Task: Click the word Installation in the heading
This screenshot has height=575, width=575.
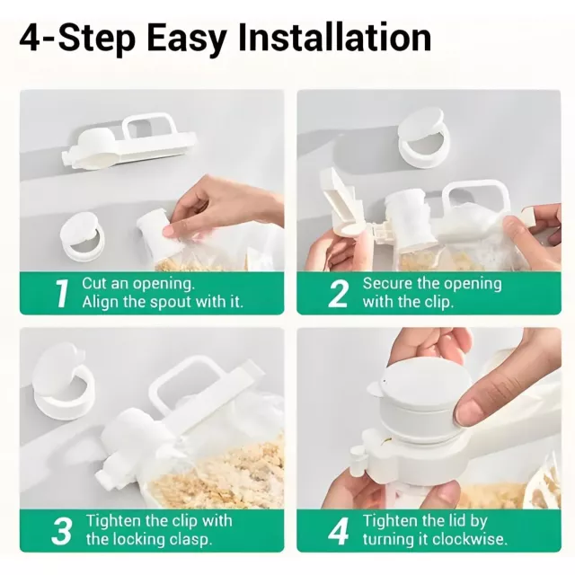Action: (334, 38)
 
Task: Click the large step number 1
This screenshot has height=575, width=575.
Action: (62, 294)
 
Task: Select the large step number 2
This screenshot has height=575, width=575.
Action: (338, 294)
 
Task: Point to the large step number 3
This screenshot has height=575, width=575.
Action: (62, 531)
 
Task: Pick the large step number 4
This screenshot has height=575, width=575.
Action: (338, 531)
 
